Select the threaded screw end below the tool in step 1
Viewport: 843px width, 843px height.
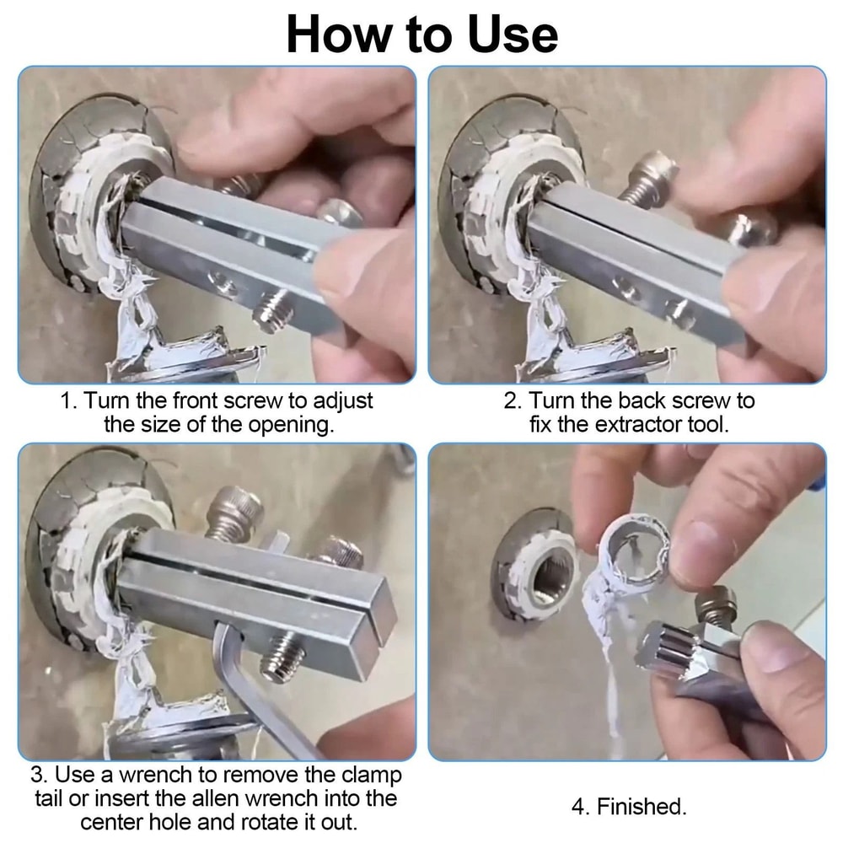coord(271,310)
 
